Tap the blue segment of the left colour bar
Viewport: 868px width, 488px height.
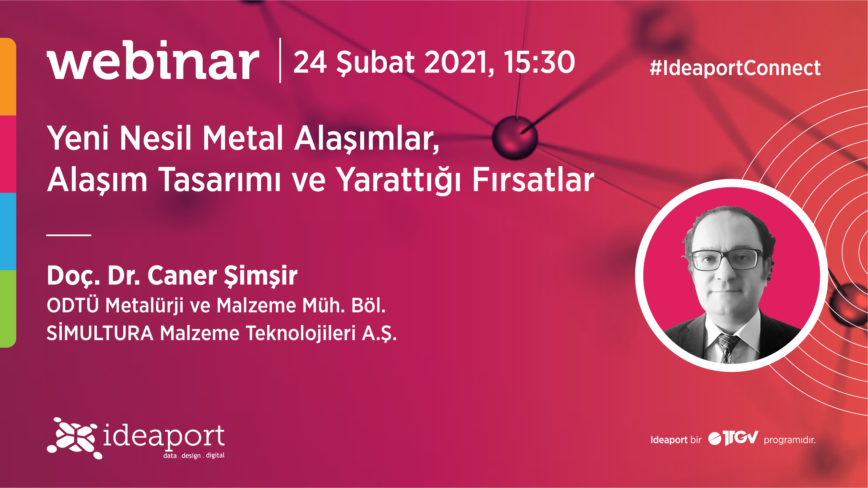8,231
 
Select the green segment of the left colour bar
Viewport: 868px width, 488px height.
8,308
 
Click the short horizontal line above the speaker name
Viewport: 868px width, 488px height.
69,235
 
